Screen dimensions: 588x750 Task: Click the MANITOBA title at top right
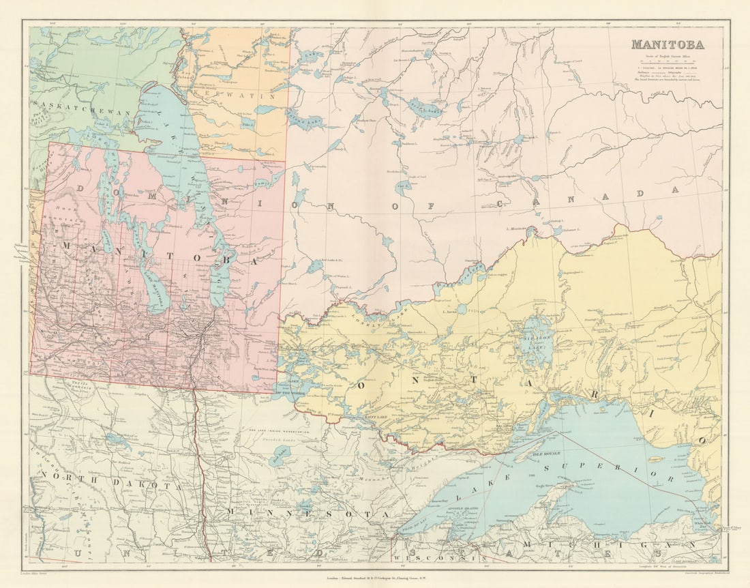(x=667, y=45)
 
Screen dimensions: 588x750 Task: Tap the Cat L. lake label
(x=404, y=184)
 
